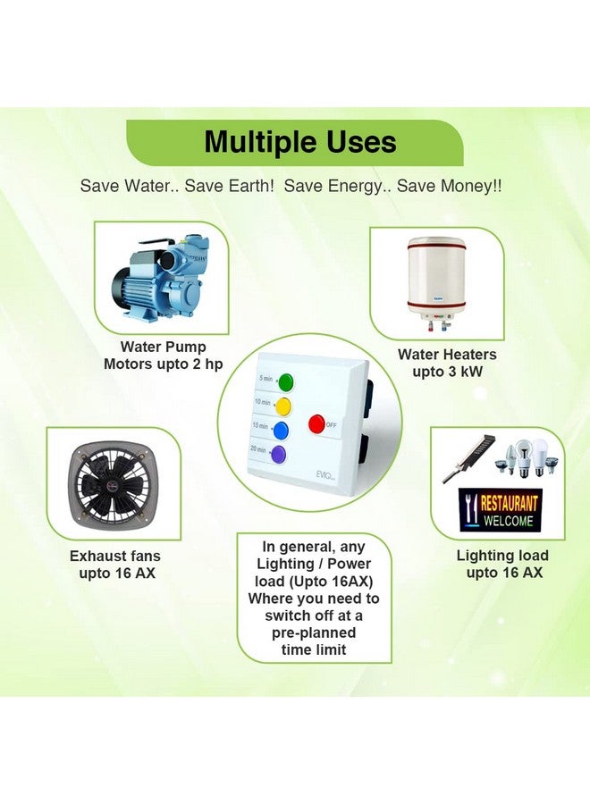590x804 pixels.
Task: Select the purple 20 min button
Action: pos(279,454)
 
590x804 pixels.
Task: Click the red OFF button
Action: pos(316,423)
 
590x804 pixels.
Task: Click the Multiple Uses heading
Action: pos(300,142)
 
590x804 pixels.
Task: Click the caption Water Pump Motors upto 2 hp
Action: pos(164,355)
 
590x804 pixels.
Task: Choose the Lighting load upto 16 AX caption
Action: pos(502,564)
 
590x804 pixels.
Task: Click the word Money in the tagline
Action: pos(479,186)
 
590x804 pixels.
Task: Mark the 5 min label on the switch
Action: pos(265,380)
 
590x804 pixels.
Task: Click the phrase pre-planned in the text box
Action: pos(314,632)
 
